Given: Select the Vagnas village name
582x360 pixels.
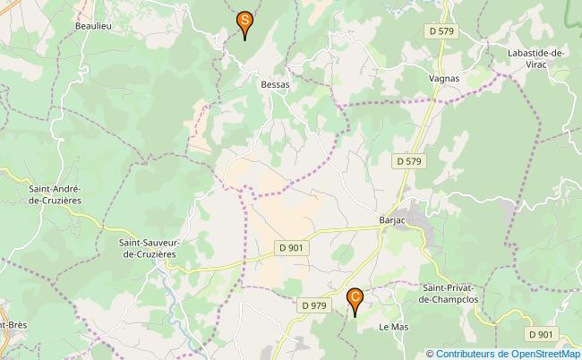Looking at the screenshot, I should [443, 78].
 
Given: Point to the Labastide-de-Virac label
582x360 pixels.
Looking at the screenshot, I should [535, 59].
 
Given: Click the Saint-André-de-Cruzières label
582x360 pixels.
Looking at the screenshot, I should [56, 194].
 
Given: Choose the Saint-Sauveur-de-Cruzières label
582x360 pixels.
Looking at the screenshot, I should [148, 248].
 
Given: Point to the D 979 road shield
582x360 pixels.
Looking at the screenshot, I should [314, 305].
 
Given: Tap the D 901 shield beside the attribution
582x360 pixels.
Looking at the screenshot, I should [541, 334].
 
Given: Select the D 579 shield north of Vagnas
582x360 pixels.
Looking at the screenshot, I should [439, 31].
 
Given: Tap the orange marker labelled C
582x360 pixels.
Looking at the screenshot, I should [355, 296].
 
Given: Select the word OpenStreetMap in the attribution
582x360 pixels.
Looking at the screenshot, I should [543, 353].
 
